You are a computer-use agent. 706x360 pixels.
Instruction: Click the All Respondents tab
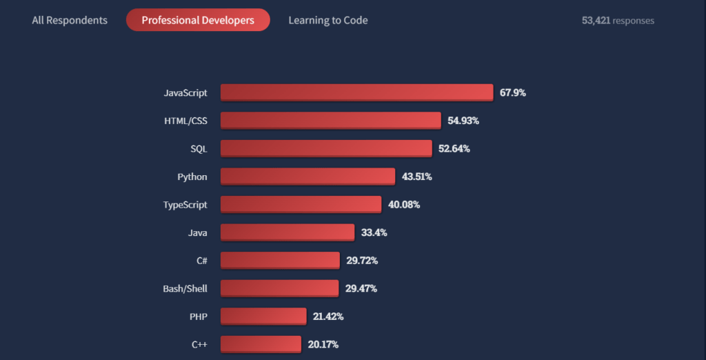70,20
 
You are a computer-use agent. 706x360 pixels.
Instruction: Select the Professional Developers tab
198,20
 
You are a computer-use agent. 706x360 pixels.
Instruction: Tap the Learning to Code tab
327,20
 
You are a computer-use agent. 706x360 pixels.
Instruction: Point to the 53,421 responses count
618,20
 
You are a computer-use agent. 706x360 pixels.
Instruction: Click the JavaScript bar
356,92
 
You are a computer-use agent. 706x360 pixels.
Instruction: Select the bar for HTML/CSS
330,121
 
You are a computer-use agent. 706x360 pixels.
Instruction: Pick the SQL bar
326,148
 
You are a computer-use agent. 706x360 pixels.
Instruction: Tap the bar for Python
307,177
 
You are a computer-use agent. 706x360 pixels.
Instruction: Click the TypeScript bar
301,204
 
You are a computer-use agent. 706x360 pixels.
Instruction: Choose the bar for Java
288,232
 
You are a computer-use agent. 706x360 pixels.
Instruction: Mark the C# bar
280,260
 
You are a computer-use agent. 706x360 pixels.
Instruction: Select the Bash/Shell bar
279,288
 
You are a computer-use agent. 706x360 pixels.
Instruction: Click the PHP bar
263,316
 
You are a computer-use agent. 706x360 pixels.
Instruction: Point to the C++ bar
261,344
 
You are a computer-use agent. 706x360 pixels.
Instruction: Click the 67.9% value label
513,92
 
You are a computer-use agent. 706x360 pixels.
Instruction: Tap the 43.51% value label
417,177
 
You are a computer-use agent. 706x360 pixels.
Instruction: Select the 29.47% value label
361,288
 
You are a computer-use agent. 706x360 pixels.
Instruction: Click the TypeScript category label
185,205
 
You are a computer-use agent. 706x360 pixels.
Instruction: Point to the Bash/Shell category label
185,288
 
